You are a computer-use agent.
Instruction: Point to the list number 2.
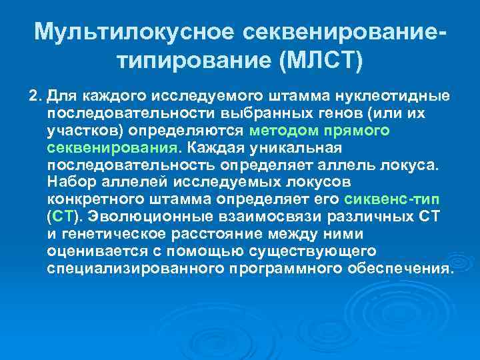[x=35, y=96]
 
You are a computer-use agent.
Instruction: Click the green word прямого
[x=361, y=131]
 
